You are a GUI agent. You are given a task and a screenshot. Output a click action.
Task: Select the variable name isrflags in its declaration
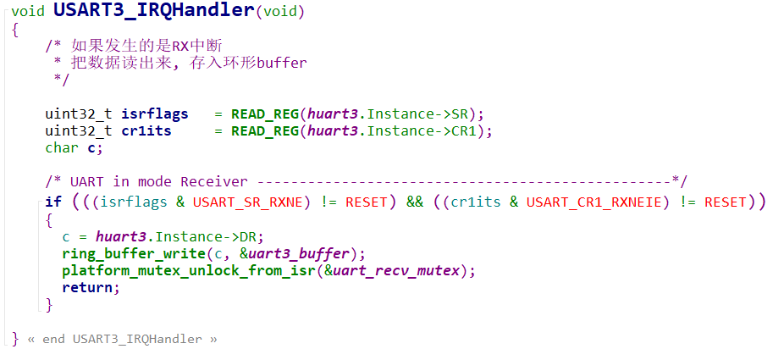tap(155, 114)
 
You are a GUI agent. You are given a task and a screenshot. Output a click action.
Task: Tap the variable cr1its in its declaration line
tap(146, 130)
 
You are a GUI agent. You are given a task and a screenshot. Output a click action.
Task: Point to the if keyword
tap(53, 202)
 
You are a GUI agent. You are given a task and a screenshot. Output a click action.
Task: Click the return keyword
tap(86, 287)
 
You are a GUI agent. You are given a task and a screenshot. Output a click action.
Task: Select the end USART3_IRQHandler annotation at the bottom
tap(121, 339)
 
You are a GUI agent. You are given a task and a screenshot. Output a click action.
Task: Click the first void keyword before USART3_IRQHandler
tap(28, 11)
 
